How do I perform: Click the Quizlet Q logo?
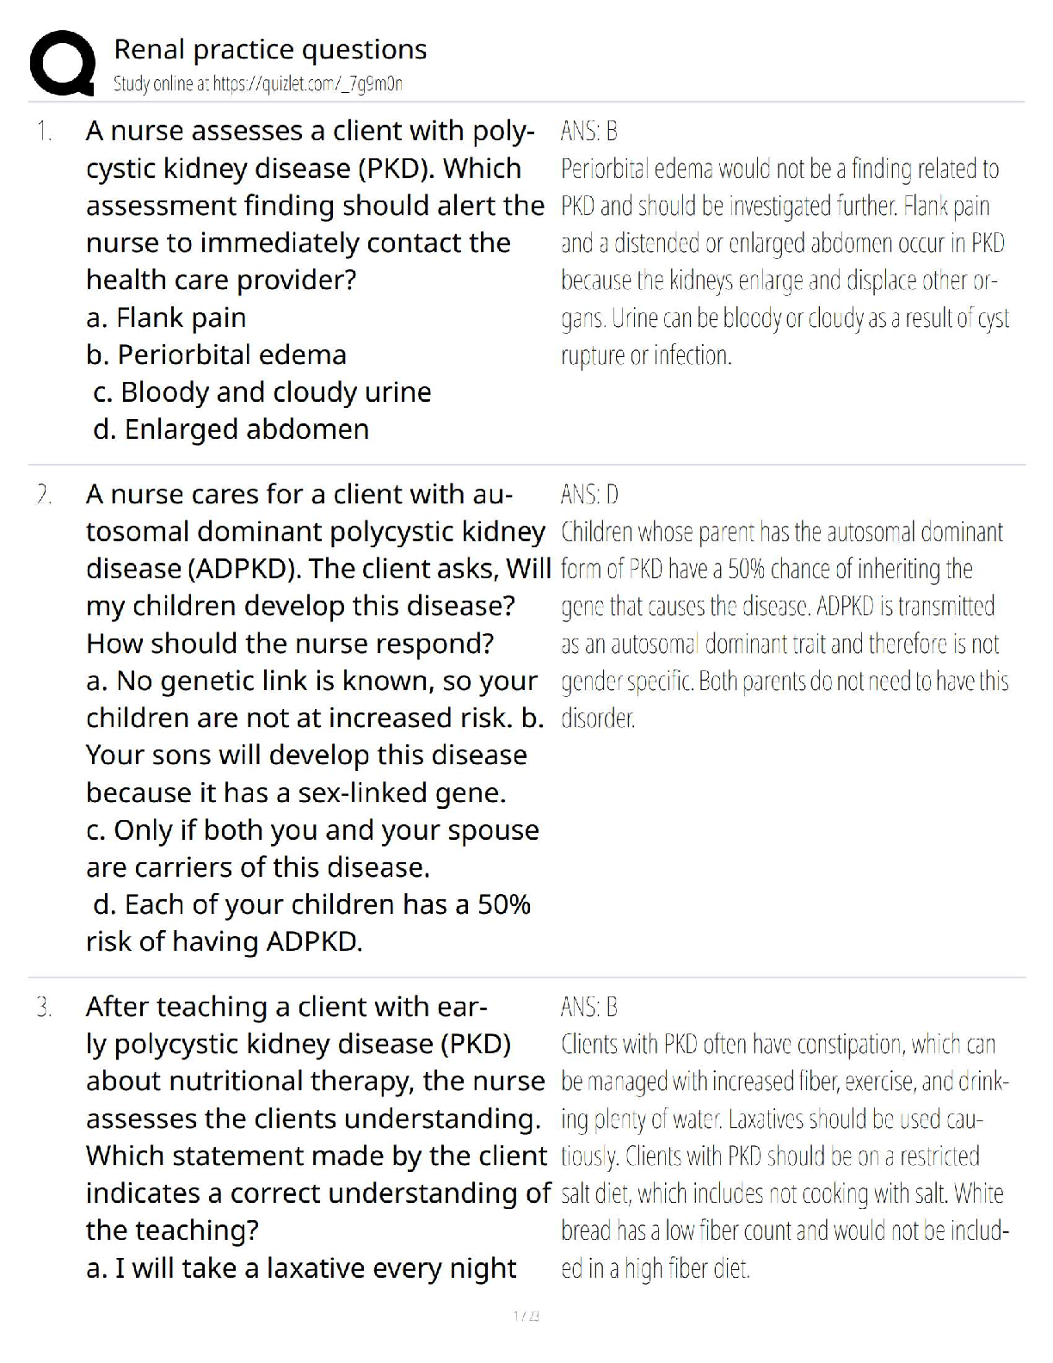(62, 63)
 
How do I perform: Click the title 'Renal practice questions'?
(270, 50)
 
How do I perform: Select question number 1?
(44, 132)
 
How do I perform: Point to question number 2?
(44, 495)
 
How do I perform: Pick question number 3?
(44, 1007)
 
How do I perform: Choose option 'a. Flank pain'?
(166, 318)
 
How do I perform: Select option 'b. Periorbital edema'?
(217, 355)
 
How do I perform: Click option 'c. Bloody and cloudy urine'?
(262, 392)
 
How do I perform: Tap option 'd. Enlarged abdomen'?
(231, 429)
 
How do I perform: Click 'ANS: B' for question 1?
(589, 132)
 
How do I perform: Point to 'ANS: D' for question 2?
(589, 495)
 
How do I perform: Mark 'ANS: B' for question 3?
(589, 1007)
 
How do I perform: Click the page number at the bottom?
(526, 1316)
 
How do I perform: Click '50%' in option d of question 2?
(503, 904)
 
